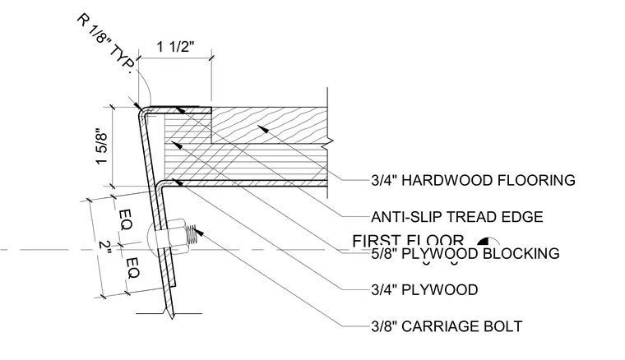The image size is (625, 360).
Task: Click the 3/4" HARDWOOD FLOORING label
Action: (x=473, y=180)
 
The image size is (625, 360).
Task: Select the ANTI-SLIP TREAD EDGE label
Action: (x=456, y=217)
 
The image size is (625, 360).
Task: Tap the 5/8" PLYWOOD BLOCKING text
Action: (x=465, y=254)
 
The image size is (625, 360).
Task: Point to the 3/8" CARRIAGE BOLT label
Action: (x=447, y=326)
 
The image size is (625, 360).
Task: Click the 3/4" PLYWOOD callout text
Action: (x=424, y=290)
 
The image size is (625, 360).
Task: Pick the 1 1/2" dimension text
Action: (x=175, y=47)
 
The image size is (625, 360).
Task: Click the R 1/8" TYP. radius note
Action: (x=105, y=44)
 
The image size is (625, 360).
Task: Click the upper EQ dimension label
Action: (x=126, y=219)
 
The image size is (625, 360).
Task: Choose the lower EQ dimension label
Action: (x=132, y=269)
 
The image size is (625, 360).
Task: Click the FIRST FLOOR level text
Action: (x=408, y=240)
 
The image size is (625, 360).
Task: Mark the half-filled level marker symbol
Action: (x=484, y=241)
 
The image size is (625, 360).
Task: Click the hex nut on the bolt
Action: (x=176, y=237)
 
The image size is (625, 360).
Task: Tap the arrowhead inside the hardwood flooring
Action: (x=262, y=129)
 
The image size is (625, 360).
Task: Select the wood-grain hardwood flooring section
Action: (x=269, y=126)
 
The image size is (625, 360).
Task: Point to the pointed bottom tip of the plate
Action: (x=172, y=318)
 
